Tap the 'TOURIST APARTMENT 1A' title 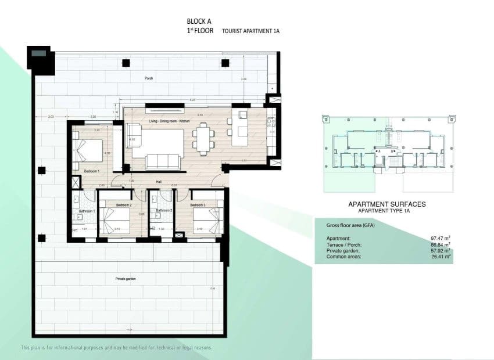pyautogui.click(x=250, y=31)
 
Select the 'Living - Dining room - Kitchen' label pyautogui.click(x=169, y=121)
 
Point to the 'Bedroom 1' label pyautogui.click(x=92, y=171)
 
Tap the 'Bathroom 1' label pyautogui.click(x=87, y=210)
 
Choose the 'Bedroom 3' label pyautogui.click(x=198, y=205)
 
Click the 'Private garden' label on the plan pyautogui.click(x=125, y=279)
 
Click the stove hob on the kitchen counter pyautogui.click(x=270, y=121)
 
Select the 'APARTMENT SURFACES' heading pyautogui.click(x=386, y=204)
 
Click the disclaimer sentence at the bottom pyautogui.click(x=116, y=347)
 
